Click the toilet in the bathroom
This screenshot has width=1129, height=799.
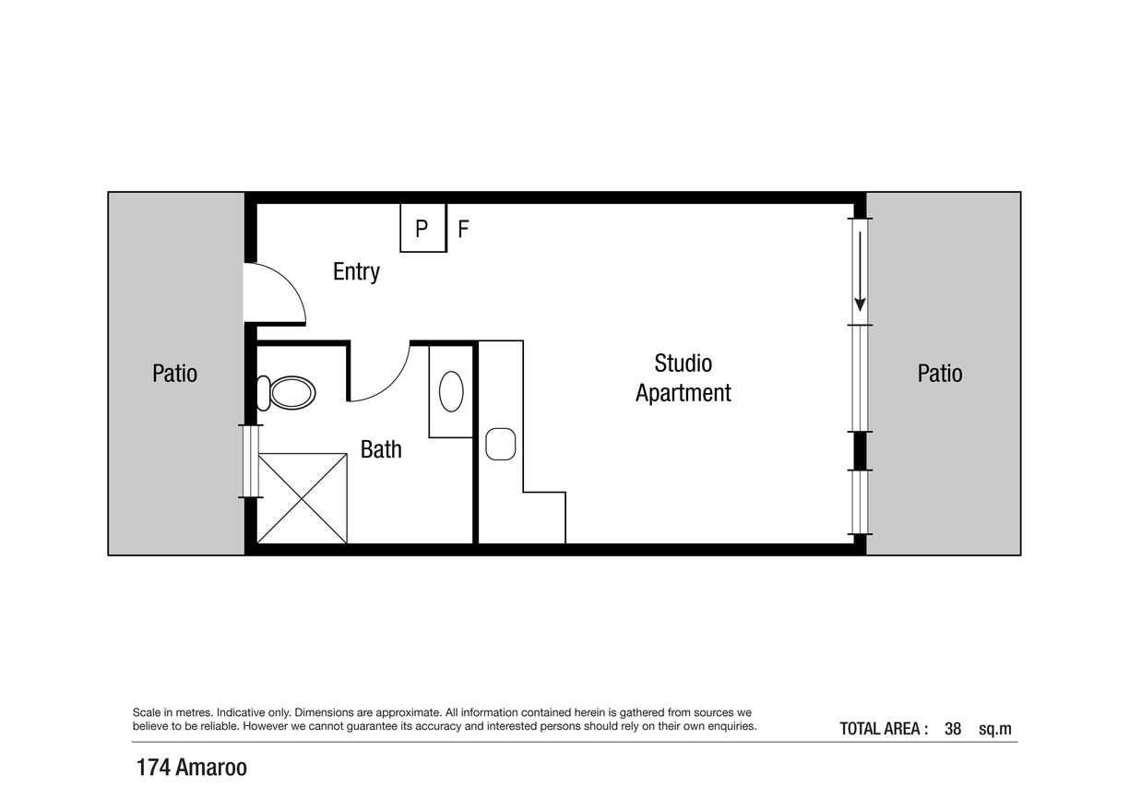(286, 393)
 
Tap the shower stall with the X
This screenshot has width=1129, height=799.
(302, 498)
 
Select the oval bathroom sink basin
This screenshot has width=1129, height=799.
(451, 391)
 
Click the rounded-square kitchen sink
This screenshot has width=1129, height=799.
(501, 444)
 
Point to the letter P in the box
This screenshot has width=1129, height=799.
(422, 229)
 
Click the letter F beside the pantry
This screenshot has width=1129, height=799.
(463, 229)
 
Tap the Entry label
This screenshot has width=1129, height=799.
(356, 272)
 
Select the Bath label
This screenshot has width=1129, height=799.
(381, 449)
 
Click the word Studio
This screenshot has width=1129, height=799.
(683, 363)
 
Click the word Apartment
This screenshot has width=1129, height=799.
(683, 393)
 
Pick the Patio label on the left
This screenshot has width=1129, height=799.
(174, 374)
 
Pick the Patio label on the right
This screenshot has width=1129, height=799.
(940, 374)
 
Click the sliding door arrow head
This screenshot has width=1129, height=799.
(860, 304)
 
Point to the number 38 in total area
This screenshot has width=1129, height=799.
(953, 729)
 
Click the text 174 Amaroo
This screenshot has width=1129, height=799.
(192, 768)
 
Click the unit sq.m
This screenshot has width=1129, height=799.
(995, 730)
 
